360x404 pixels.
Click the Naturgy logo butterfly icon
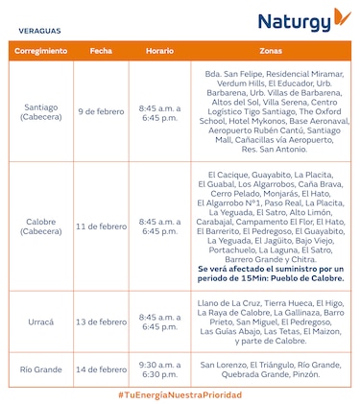click(x=339, y=18)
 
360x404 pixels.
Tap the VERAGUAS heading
click(x=36, y=31)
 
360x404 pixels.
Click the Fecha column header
click(x=101, y=49)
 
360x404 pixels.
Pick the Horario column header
click(x=159, y=49)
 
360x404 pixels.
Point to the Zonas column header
click(x=271, y=49)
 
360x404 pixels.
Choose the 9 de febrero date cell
click(x=101, y=111)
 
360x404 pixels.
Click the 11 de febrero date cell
click(x=101, y=226)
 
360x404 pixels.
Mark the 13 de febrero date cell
click(x=101, y=321)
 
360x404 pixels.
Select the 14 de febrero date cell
click(x=101, y=368)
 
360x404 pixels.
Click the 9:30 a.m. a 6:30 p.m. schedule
click(x=159, y=368)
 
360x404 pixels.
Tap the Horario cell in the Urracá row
click(x=159, y=321)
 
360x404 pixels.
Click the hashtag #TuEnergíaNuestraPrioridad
click(x=180, y=394)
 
